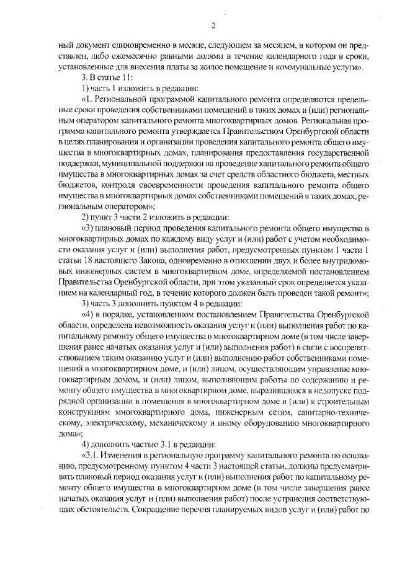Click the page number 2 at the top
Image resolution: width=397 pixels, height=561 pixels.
point(212,25)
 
